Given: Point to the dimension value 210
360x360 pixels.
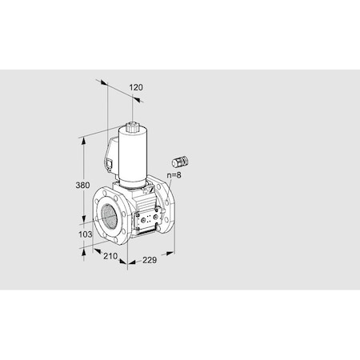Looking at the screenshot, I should (x=111, y=257).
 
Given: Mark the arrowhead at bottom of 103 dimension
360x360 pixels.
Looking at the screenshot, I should (x=83, y=248).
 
